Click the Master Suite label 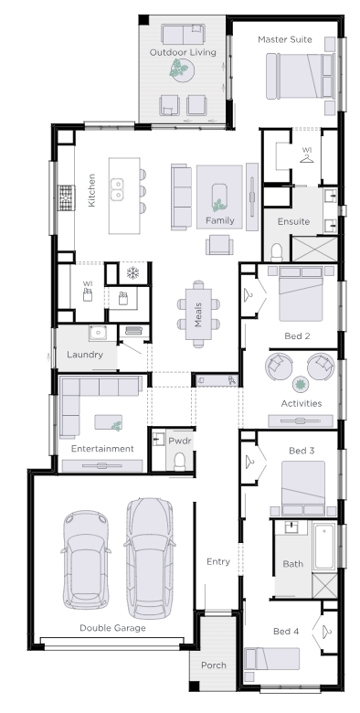pos(284,39)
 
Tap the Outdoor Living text pos(183,52)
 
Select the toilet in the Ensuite pos(276,251)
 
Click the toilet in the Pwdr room pos(180,461)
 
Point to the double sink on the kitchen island pos(117,189)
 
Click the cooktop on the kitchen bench pos(66,197)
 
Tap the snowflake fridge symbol pos(132,273)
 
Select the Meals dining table pos(198,314)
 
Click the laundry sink pos(97,333)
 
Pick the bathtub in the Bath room pos(324,546)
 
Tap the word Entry pos(218,561)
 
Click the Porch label pos(214,665)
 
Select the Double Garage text pos(112,628)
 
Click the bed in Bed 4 pos(271,659)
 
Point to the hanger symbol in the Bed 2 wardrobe pos(249,294)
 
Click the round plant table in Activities pos(300,385)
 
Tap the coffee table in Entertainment pos(108,422)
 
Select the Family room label pos(220,220)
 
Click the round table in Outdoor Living pos(182,70)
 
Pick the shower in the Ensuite pos(314,250)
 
